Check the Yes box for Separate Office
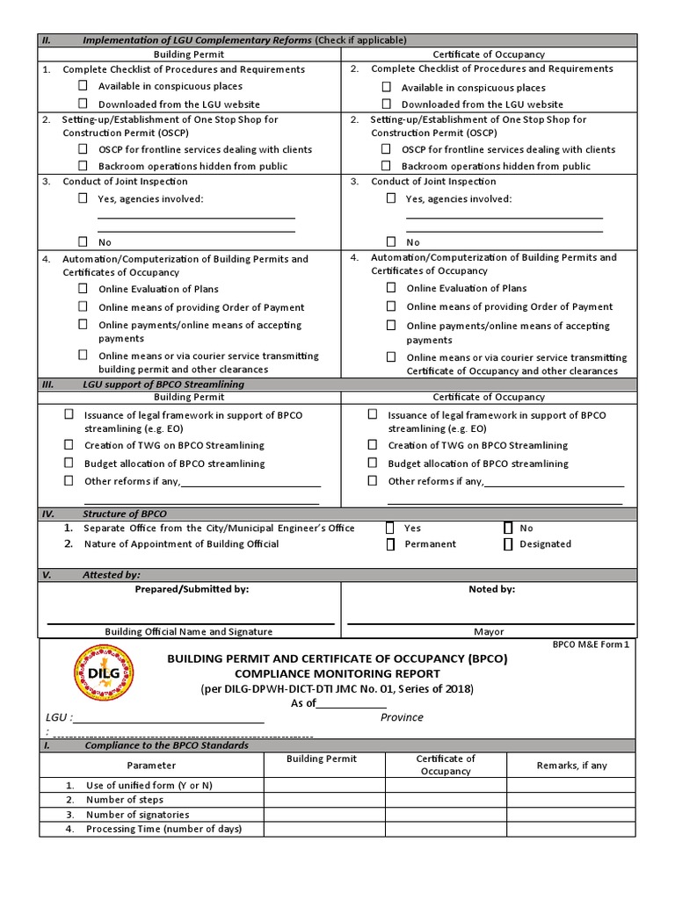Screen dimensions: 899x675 click(x=390, y=529)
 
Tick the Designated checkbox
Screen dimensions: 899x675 click(x=508, y=544)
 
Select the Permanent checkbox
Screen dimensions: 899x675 click(x=390, y=544)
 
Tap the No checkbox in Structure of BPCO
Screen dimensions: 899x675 click(x=508, y=529)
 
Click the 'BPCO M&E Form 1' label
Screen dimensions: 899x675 click(x=591, y=644)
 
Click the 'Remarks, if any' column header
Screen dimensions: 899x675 click(x=571, y=766)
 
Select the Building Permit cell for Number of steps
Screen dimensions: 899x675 click(x=324, y=800)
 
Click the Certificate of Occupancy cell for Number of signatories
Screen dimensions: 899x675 click(x=445, y=815)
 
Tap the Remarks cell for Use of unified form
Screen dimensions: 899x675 click(x=571, y=785)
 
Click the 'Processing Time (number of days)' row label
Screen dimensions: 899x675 click(x=163, y=829)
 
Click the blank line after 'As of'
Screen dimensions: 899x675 click(x=352, y=704)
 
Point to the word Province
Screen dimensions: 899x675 click(x=402, y=717)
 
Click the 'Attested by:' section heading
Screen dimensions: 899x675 click(x=112, y=575)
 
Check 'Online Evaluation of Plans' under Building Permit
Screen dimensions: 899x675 click(x=83, y=288)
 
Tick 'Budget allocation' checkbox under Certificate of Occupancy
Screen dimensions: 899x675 click(x=373, y=463)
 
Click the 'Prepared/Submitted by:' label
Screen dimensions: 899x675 click(x=192, y=589)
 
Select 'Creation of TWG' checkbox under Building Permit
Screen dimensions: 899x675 click(x=69, y=445)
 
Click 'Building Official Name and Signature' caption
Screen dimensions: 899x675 click(x=188, y=631)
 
